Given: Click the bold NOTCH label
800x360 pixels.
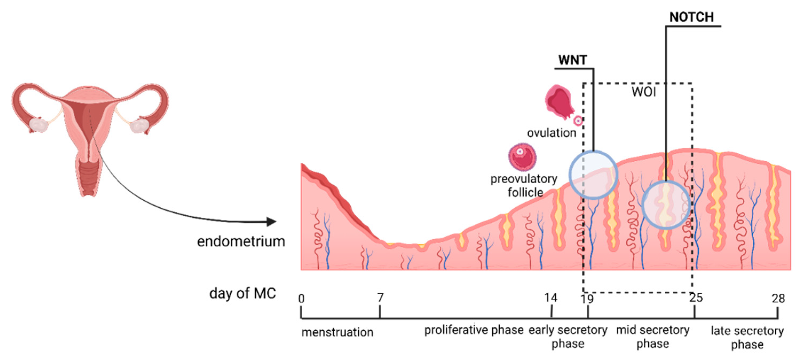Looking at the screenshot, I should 691,17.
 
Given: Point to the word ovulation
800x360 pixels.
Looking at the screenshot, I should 552,133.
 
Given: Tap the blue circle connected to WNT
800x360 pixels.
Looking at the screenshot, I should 593,175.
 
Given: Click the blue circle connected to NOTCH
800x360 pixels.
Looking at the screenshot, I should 666,205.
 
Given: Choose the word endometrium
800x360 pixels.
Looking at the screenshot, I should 241,241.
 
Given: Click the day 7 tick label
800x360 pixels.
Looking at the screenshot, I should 381,298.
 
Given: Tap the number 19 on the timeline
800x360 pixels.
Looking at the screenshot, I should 587,299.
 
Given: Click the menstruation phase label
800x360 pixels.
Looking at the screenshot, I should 337,332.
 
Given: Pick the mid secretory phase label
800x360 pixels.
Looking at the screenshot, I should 653,337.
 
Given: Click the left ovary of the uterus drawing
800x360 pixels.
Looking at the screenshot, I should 39,125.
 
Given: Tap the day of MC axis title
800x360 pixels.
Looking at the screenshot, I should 243,293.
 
